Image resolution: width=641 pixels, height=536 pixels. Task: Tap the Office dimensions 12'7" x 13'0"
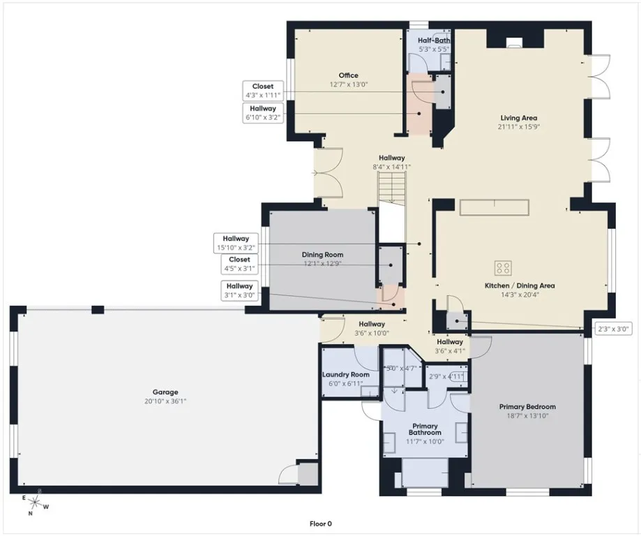[x=348, y=84]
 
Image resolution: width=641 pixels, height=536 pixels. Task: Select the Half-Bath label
[x=434, y=40]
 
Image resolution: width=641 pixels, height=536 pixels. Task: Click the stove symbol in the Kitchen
[x=503, y=267]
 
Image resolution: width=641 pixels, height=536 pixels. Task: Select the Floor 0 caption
[x=321, y=523]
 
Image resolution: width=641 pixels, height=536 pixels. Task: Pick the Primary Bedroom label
[x=527, y=407]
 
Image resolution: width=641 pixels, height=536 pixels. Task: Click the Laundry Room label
[x=345, y=375]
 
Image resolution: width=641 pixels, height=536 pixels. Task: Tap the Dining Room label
[x=322, y=255]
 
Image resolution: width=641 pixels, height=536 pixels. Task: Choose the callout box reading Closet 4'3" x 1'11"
[x=263, y=91]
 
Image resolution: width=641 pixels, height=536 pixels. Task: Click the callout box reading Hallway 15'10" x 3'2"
[x=236, y=243]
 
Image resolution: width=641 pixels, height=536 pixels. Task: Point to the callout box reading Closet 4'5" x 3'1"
[x=239, y=264]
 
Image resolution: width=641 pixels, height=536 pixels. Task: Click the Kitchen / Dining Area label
[x=520, y=285]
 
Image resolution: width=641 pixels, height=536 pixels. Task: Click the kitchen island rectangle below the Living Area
[x=494, y=207]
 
